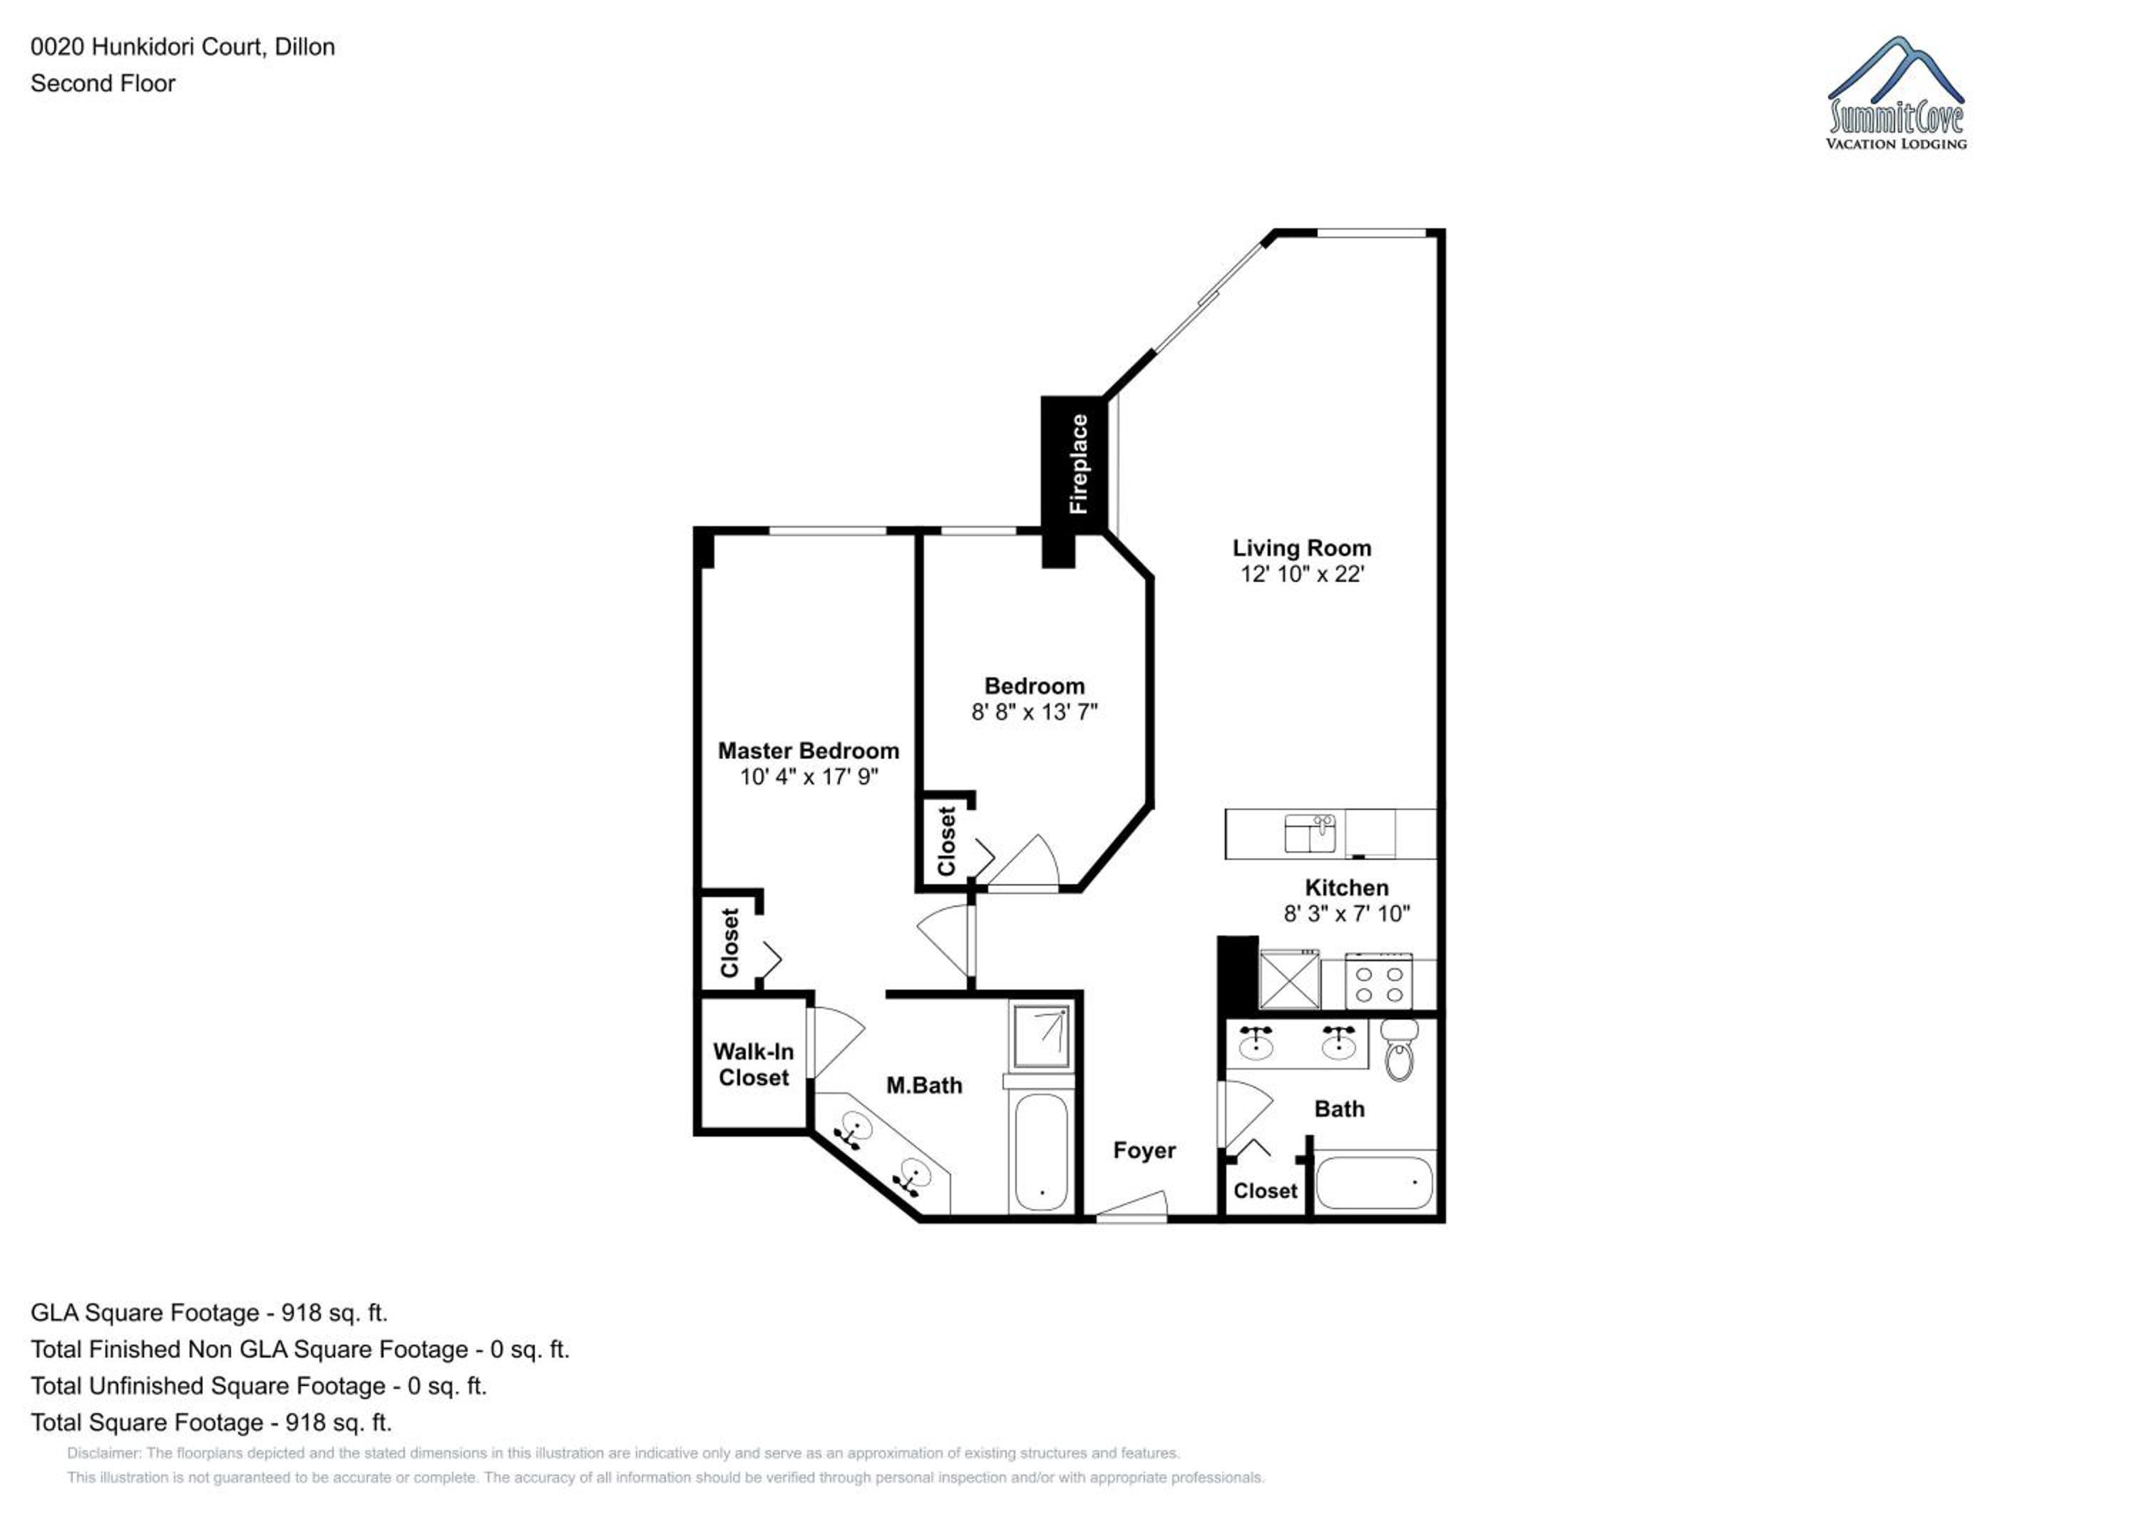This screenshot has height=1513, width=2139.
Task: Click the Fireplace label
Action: (x=1078, y=464)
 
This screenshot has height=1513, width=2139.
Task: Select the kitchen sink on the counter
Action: (x=1310, y=833)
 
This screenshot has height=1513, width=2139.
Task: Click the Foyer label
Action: (x=1144, y=1152)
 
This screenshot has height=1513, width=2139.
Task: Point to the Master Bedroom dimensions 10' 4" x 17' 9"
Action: (x=809, y=777)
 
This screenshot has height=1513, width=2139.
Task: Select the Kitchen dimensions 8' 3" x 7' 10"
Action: (x=1346, y=914)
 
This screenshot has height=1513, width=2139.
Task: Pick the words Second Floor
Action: (x=103, y=84)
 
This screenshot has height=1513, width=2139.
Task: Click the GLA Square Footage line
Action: (x=209, y=1313)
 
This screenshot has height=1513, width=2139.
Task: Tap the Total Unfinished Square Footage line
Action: (x=259, y=1386)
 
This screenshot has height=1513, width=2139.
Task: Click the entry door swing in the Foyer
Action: (x=1132, y=1204)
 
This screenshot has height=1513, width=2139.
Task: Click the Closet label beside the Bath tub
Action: (x=1265, y=1191)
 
